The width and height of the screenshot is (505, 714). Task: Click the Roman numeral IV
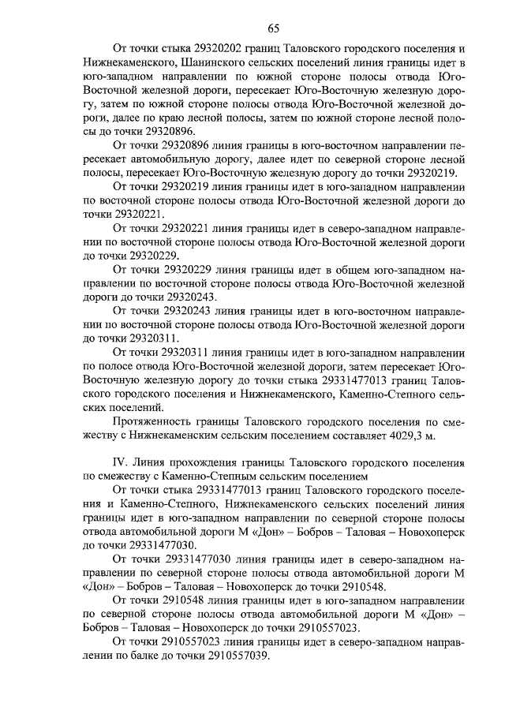[x=122, y=462]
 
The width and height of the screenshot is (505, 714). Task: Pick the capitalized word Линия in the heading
[x=155, y=462]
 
